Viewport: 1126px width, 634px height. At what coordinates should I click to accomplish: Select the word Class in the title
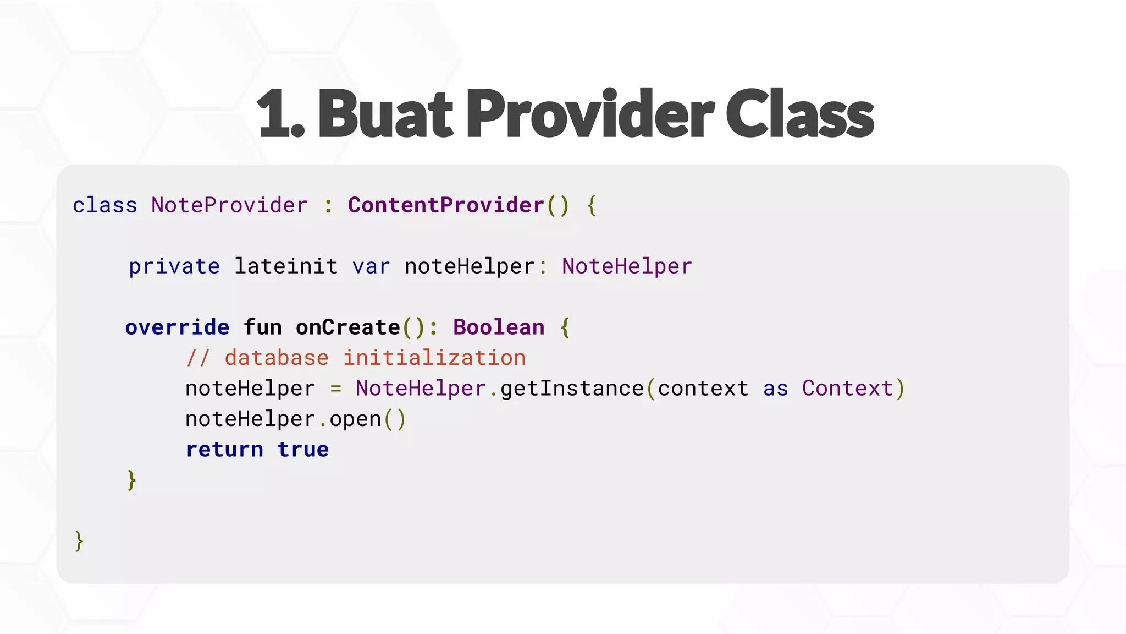click(x=799, y=114)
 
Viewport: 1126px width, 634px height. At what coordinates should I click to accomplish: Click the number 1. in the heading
click(x=280, y=114)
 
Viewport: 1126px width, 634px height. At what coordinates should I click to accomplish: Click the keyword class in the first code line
click(x=104, y=205)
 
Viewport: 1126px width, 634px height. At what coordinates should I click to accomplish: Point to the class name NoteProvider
click(x=229, y=205)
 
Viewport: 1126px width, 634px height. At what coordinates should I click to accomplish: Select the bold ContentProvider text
click(x=446, y=205)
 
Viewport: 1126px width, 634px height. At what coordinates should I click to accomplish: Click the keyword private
click(x=174, y=266)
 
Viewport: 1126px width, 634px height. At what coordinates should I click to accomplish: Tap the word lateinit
click(x=286, y=266)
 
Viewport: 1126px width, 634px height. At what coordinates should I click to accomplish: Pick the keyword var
click(x=371, y=266)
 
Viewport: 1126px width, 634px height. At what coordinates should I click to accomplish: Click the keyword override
click(x=177, y=327)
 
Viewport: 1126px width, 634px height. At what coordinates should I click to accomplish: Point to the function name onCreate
click(x=348, y=327)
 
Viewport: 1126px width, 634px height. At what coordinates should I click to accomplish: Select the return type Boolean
click(x=499, y=327)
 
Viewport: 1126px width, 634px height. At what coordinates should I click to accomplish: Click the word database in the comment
click(x=277, y=358)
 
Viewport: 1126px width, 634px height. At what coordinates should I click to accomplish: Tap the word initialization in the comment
click(x=434, y=358)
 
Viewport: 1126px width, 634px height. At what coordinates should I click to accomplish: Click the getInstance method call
click(x=572, y=389)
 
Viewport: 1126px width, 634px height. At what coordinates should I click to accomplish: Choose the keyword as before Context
click(x=775, y=389)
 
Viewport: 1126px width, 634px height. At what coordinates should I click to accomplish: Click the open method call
click(x=355, y=419)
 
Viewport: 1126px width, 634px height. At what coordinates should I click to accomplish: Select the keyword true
click(x=303, y=450)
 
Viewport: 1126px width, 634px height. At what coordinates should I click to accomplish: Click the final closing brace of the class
click(x=79, y=541)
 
